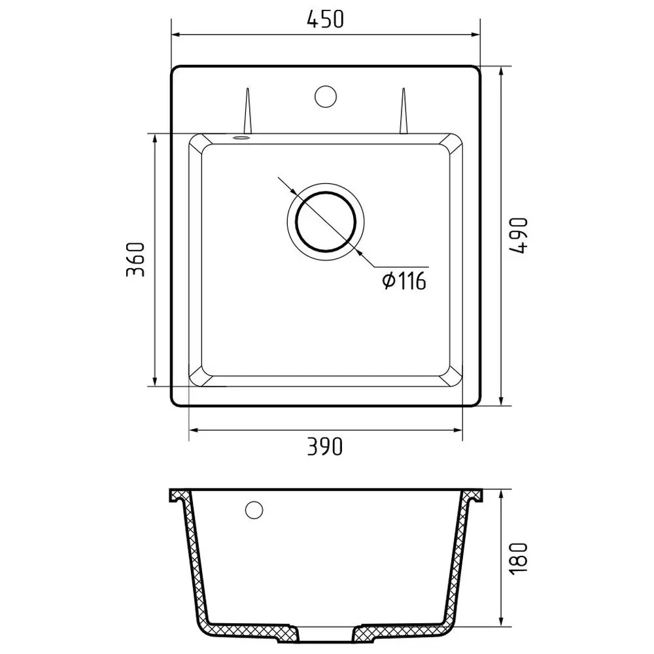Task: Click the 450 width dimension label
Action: (325, 19)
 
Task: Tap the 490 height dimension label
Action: (519, 235)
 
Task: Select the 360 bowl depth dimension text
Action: (135, 260)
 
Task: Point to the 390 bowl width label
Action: (325, 446)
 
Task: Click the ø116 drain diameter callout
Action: (404, 281)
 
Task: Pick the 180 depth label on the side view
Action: (519, 558)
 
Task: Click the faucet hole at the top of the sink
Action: (325, 96)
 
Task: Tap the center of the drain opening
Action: (326, 221)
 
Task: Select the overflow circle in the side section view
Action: (254, 509)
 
